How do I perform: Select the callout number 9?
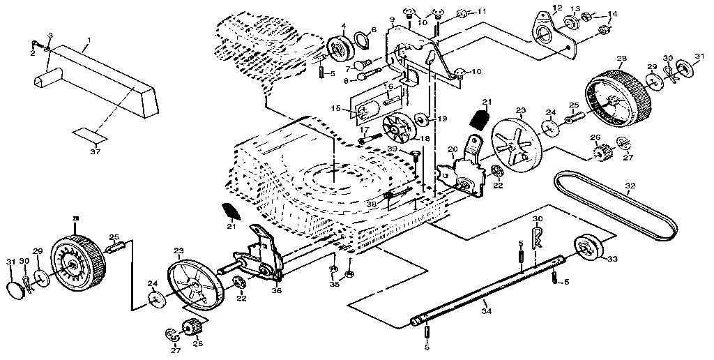(x=392, y=19)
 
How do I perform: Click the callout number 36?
(x=278, y=292)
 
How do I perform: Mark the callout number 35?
(x=334, y=284)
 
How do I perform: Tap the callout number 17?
(x=363, y=129)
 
